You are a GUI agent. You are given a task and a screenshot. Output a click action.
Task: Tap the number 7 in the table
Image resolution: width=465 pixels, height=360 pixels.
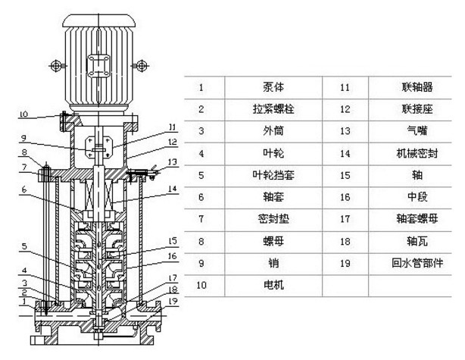coord(201,219)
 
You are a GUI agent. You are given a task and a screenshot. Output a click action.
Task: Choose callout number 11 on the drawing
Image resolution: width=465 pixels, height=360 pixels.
coord(173,127)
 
